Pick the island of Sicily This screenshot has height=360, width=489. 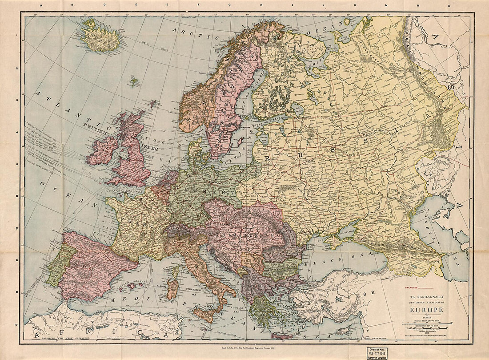[x=205, y=314]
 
